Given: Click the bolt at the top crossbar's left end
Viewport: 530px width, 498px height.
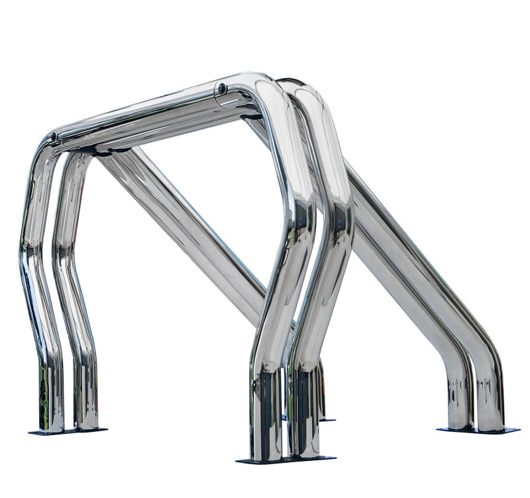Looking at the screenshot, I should pos(54,137).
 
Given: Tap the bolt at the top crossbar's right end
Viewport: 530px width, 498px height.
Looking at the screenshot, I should pos(223,87).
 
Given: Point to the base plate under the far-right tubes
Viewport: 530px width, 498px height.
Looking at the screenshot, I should pos(478,430).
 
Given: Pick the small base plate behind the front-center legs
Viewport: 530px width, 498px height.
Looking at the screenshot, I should pos(326,419).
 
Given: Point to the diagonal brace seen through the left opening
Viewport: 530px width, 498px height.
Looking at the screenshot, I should pos(179,219).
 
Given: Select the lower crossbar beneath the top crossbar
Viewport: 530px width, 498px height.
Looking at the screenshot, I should pos(166,132).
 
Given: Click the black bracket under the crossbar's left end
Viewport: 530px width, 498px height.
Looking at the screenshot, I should pos(99,150).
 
